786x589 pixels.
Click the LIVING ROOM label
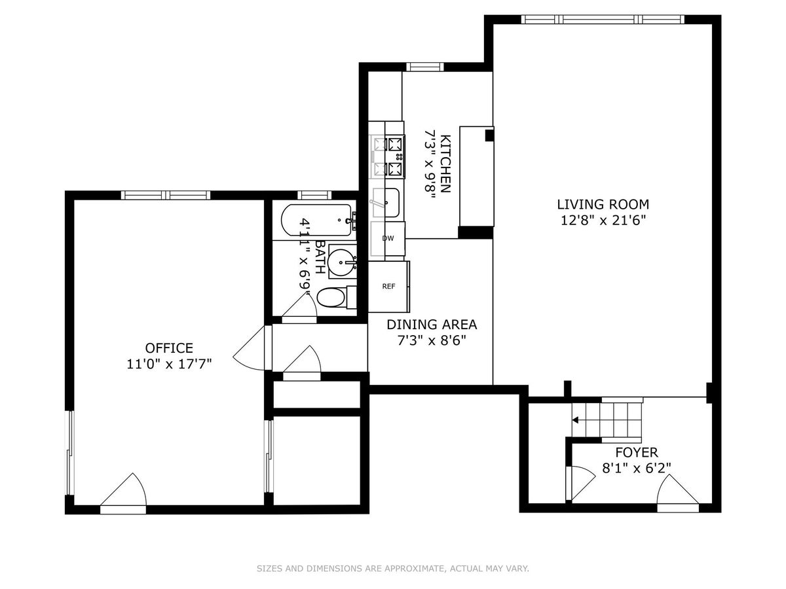603,204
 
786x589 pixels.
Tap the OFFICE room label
169,348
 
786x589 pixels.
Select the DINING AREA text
432,325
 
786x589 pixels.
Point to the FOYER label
636,452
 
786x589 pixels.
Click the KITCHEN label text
445,164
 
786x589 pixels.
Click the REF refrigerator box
389,287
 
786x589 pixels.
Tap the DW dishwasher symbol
388,238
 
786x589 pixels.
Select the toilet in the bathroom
337,298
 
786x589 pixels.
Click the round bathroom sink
342,262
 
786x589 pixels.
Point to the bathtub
316,220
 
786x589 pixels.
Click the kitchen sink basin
386,202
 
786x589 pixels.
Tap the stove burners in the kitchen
389,156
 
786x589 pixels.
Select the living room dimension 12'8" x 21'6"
603,221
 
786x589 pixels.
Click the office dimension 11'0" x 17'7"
169,364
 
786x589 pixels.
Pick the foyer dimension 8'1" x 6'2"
636,468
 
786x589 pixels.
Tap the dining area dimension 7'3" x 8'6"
432,340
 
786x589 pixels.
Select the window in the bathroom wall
314,195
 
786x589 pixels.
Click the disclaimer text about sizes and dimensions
393,568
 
